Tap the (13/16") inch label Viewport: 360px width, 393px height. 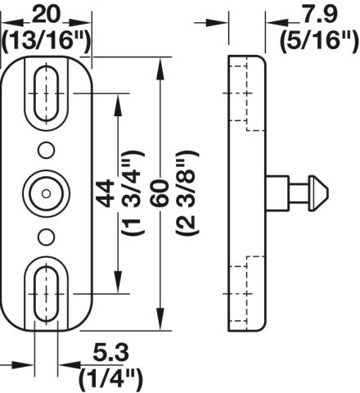point(46,41)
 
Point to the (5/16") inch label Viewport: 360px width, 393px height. point(319,42)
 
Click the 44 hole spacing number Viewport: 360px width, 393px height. point(106,193)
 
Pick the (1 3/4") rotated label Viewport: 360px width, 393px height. point(133,193)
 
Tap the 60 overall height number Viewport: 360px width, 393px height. point(160,193)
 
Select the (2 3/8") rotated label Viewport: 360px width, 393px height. point(187,193)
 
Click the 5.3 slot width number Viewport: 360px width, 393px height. point(110,353)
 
